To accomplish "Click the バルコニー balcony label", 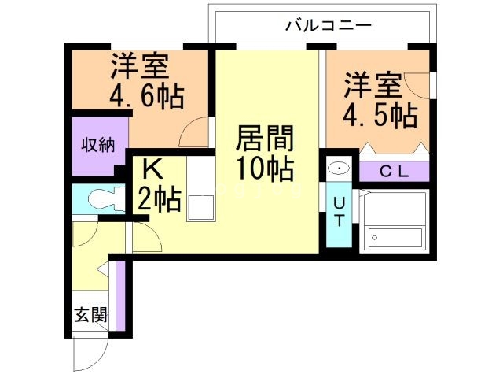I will tap(328, 25).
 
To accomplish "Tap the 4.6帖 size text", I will tap(146, 97).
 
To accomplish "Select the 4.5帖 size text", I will tap(380, 115).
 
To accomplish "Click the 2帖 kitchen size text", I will tap(159, 200).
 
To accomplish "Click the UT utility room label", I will tap(339, 211).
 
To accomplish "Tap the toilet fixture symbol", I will tap(100, 198).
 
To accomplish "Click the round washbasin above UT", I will tap(340, 169).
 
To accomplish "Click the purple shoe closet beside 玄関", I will tap(119, 295).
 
